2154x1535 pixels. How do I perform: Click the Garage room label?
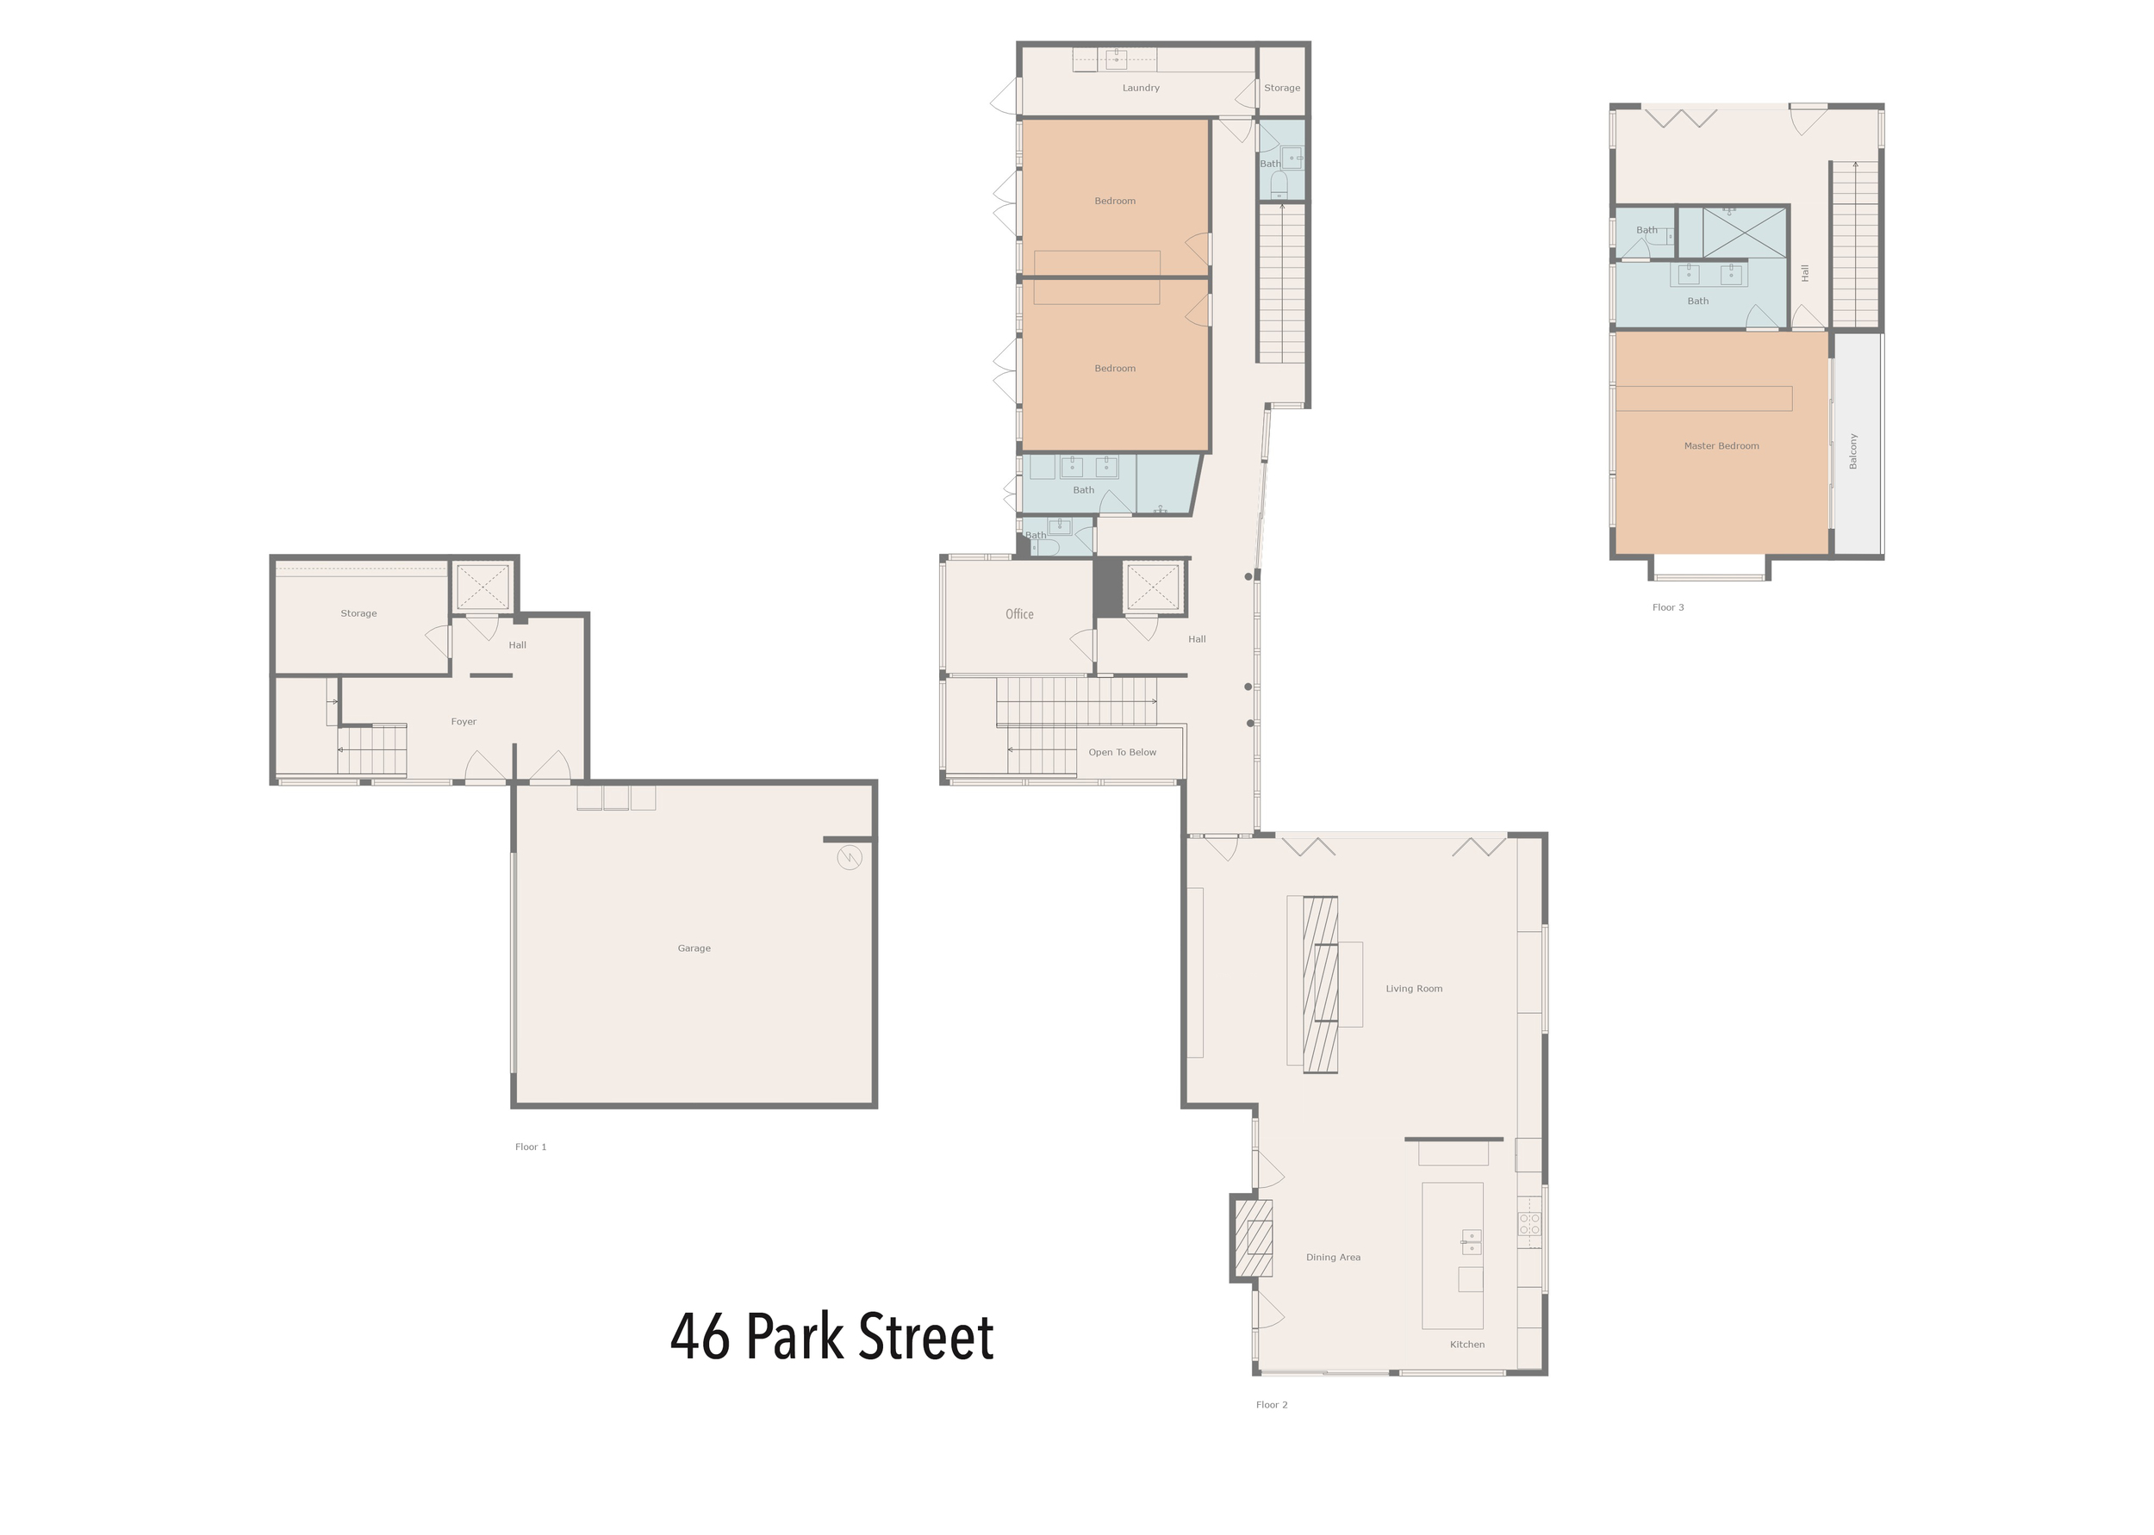tap(694, 948)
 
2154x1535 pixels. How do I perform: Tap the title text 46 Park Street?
tap(831, 1337)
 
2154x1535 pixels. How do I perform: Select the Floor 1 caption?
tap(530, 1147)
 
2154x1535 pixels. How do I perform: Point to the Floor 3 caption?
tap(1667, 606)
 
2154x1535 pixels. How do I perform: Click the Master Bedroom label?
tap(1721, 446)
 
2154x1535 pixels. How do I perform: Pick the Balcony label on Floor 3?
tap(1852, 451)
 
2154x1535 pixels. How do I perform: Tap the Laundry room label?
tap(1141, 88)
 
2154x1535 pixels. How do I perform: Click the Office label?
tap(1019, 614)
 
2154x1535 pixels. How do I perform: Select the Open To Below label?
tap(1122, 752)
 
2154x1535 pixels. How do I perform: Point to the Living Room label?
tap(1414, 989)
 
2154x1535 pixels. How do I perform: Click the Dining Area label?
tap(1333, 1257)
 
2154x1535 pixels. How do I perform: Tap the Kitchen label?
tap(1467, 1344)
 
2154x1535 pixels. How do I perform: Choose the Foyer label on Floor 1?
tap(464, 721)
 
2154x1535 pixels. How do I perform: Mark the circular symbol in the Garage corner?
tap(850, 857)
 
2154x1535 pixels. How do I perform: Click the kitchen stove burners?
tap(1529, 1224)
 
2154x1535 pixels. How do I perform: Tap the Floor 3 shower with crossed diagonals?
tap(1745, 232)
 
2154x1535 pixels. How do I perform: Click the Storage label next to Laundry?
tap(1281, 88)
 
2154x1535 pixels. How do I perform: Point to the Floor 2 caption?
tap(1271, 1405)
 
